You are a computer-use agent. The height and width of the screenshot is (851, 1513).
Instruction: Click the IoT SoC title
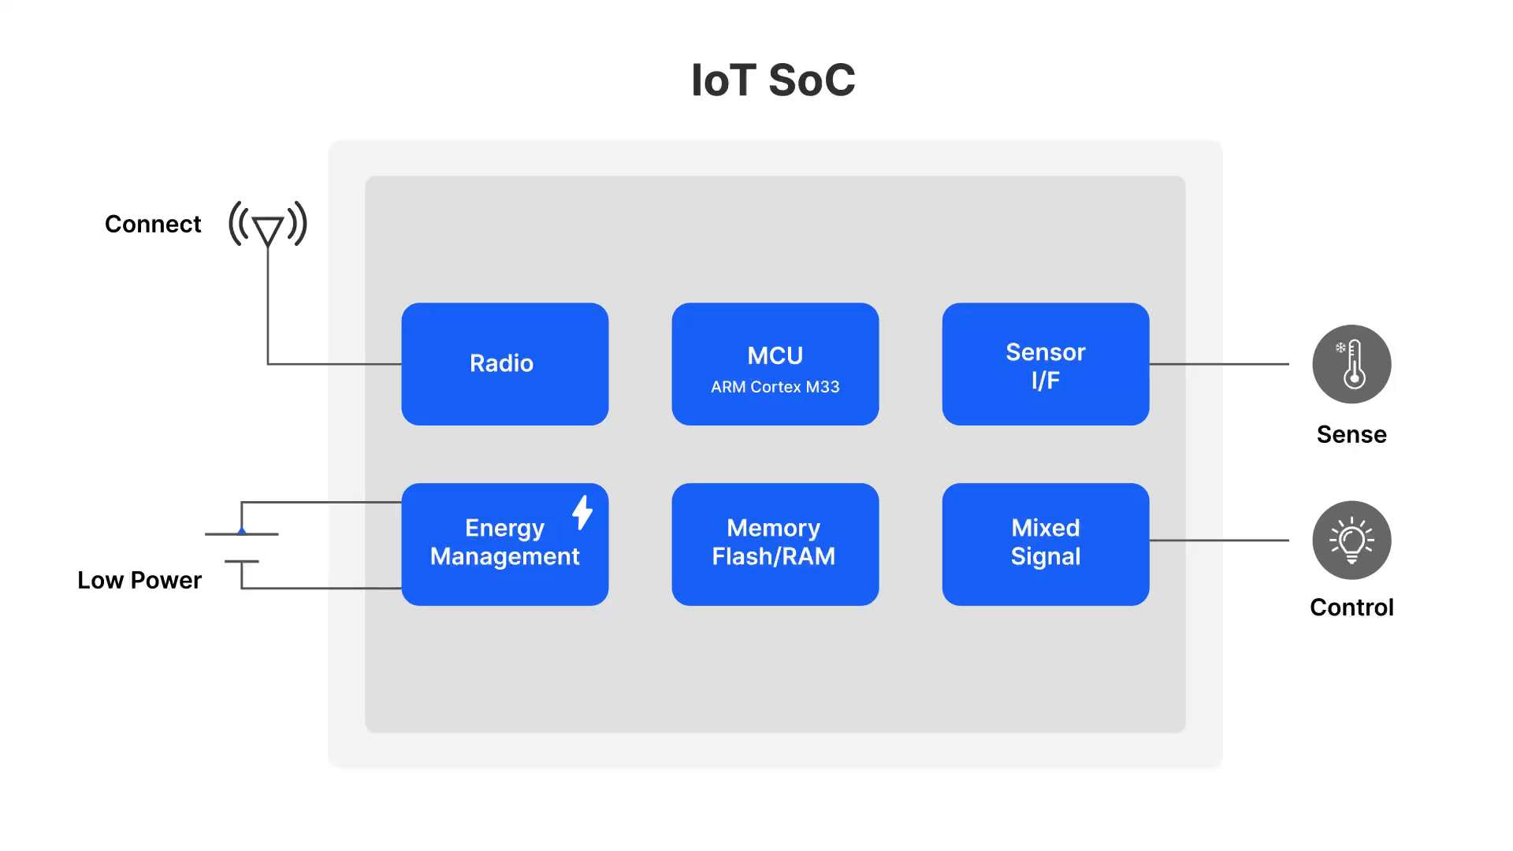[x=773, y=80]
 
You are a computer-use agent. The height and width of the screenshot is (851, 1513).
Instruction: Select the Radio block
[x=504, y=364]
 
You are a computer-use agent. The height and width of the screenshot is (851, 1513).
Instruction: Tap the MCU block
[x=775, y=364]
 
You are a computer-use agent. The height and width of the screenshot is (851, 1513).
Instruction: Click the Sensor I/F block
[x=1045, y=364]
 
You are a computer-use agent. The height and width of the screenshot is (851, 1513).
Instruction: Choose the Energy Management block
[x=504, y=544]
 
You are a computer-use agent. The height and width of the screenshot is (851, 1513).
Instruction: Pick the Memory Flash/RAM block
[x=775, y=544]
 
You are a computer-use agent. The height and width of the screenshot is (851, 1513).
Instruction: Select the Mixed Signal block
[x=1045, y=544]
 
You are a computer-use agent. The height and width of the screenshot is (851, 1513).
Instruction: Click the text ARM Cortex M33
[x=775, y=387]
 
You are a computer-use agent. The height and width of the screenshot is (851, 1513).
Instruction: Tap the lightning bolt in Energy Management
[x=582, y=512]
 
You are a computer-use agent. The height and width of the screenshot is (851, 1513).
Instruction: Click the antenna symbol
[x=268, y=225]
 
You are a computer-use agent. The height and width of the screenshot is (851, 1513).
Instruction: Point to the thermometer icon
[x=1351, y=364]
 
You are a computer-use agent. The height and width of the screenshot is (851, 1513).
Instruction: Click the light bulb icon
[x=1351, y=541]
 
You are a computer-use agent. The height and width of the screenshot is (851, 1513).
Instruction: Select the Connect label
[x=153, y=225]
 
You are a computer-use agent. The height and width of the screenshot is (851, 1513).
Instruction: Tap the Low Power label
[x=139, y=581]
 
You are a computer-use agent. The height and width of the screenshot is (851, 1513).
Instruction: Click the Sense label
[x=1351, y=435]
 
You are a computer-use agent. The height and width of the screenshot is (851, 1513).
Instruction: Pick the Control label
[x=1351, y=608]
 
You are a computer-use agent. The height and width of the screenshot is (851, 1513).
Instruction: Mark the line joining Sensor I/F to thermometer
[x=1219, y=364]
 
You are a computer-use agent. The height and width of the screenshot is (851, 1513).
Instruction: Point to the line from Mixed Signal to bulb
[x=1219, y=541]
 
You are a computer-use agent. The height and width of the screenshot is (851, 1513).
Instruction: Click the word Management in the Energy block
[x=504, y=557]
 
